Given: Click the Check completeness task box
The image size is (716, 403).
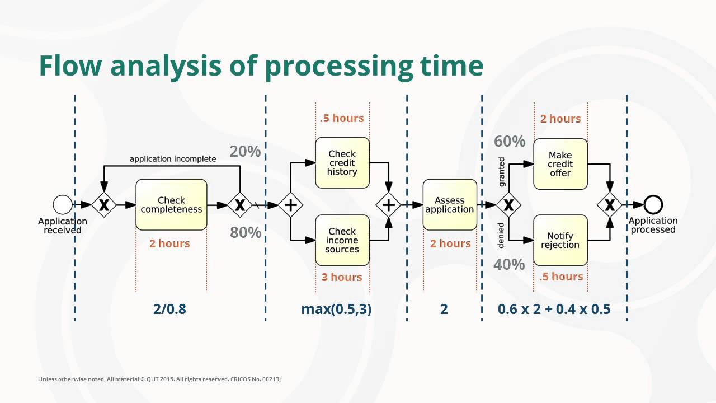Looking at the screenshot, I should pos(171,204).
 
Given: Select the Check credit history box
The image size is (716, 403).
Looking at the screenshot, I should pos(342,163).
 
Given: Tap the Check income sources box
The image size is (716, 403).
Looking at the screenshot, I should pos(342,240).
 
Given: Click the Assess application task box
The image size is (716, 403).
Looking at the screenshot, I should pos(450,205).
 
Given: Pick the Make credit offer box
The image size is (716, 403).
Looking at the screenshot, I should pos(560,164).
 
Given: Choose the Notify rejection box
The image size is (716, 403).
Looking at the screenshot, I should pos(560,240).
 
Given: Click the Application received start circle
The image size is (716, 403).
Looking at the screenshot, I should pos(63,205).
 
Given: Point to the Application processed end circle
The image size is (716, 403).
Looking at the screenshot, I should pos(653,205).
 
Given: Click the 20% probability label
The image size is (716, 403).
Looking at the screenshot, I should pos(245,151).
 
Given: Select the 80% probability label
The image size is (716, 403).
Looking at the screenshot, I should pos(245,232).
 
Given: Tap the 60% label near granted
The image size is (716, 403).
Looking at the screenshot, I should pos(509,142).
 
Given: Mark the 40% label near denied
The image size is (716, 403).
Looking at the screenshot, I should pos(509,264).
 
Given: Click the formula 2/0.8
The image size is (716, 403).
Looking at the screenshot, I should pos(169,309).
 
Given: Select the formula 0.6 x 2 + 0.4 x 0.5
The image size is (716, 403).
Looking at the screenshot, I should pos(554,309).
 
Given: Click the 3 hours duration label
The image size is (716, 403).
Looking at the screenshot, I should pos(342,277).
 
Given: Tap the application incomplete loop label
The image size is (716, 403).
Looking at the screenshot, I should pos(172,159).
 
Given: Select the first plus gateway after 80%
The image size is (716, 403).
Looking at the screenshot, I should pos(290,205).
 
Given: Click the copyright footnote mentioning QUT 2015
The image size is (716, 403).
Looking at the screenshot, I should pos(159,379).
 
